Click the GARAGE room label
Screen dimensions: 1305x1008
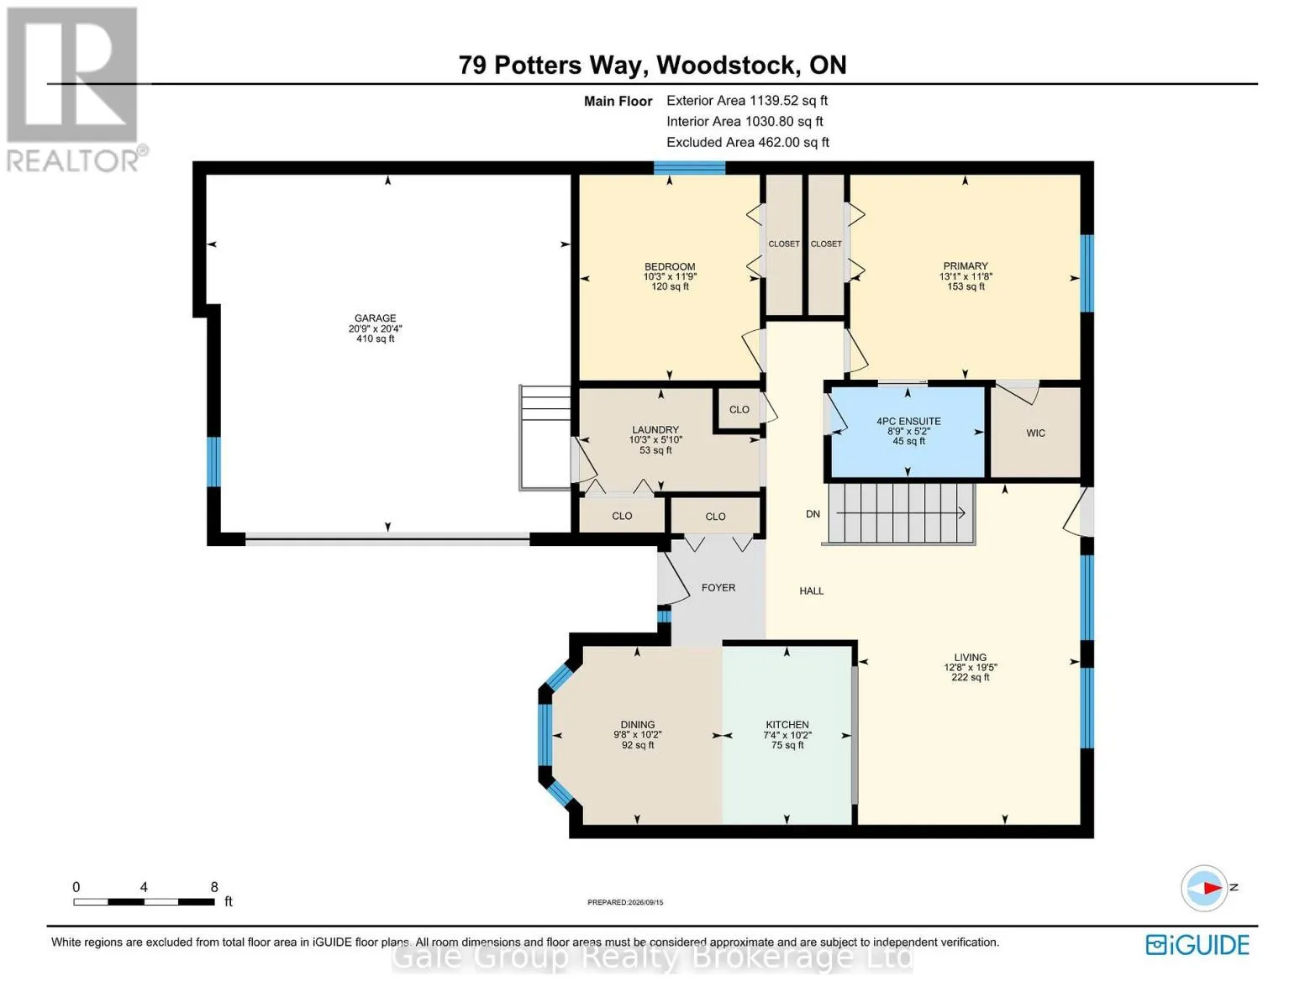[x=375, y=318]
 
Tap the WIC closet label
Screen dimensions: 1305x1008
[x=1035, y=433]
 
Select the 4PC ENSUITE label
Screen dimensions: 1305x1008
[x=908, y=422]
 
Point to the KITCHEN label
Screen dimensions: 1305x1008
[x=787, y=725]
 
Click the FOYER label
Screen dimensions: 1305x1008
[x=718, y=588]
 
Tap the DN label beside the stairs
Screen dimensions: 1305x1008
[x=813, y=514]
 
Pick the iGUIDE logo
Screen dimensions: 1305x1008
[x=1197, y=945]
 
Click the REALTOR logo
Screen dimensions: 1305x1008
[x=75, y=90]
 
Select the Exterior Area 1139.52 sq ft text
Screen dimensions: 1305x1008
[x=746, y=101]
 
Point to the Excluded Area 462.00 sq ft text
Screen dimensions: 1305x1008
[x=748, y=142]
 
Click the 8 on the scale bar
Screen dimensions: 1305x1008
[x=214, y=887]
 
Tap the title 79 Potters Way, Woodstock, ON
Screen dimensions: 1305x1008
[x=653, y=65]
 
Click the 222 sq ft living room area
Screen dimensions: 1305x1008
[x=970, y=677]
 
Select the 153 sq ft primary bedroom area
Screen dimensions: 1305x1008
[x=965, y=286]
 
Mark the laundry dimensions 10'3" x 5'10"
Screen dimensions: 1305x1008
[x=655, y=440]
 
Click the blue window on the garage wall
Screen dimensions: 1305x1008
[x=213, y=462]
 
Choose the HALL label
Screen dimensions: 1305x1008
[x=812, y=591]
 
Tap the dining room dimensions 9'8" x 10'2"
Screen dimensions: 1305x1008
[x=637, y=735]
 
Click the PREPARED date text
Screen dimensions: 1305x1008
[x=624, y=902]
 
